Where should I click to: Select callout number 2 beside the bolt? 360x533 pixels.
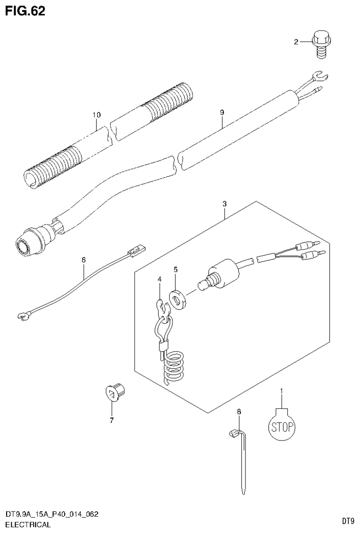click(296, 42)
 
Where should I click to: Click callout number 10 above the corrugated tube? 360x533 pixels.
click(97, 114)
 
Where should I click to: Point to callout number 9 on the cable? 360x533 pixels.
click(222, 113)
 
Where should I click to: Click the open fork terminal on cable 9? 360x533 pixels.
click(320, 75)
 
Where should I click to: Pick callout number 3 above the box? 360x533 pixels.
click(225, 204)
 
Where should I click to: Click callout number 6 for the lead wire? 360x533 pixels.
click(84, 259)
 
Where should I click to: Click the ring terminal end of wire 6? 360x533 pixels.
click(21, 318)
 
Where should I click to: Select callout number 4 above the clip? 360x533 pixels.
click(160, 279)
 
